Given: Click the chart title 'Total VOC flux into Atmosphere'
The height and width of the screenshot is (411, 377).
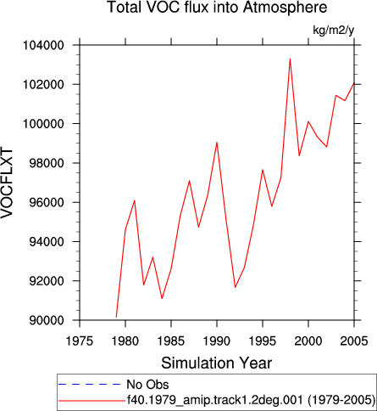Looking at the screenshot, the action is (217, 8).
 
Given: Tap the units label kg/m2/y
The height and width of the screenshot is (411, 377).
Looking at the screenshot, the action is (334, 30).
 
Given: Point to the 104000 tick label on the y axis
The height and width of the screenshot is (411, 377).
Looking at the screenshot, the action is (43, 45).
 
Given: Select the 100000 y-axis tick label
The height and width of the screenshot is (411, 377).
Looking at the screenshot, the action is (43, 124).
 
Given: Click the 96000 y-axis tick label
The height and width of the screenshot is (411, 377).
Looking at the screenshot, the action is (47, 203).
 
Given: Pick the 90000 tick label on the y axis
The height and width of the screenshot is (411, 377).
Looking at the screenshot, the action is (47, 320).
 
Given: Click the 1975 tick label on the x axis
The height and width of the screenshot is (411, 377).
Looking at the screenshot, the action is (80, 341).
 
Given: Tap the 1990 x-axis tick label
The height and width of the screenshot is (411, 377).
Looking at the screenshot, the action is (217, 341).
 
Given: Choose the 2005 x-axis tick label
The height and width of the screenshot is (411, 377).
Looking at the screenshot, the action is (354, 341).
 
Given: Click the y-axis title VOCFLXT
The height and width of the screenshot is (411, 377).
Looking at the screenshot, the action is (7, 183).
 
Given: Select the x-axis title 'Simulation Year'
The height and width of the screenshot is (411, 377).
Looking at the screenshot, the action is (217, 363).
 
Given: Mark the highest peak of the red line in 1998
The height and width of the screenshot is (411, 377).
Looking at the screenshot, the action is (290, 59).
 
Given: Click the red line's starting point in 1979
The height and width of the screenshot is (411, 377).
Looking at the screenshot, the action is (116, 317).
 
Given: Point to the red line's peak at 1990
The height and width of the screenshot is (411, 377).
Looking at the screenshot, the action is (217, 143).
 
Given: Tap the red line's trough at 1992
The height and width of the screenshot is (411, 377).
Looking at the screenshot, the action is (235, 288).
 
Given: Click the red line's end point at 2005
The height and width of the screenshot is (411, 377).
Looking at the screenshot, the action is (354, 83).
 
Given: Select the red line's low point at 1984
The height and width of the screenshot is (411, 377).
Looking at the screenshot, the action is (162, 298).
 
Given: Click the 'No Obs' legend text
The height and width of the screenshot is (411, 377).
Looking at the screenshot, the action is (147, 385).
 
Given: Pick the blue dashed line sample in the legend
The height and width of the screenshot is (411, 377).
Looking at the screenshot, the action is (89, 385).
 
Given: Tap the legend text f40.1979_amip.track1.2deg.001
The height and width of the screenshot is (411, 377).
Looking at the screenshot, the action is (215, 400).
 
